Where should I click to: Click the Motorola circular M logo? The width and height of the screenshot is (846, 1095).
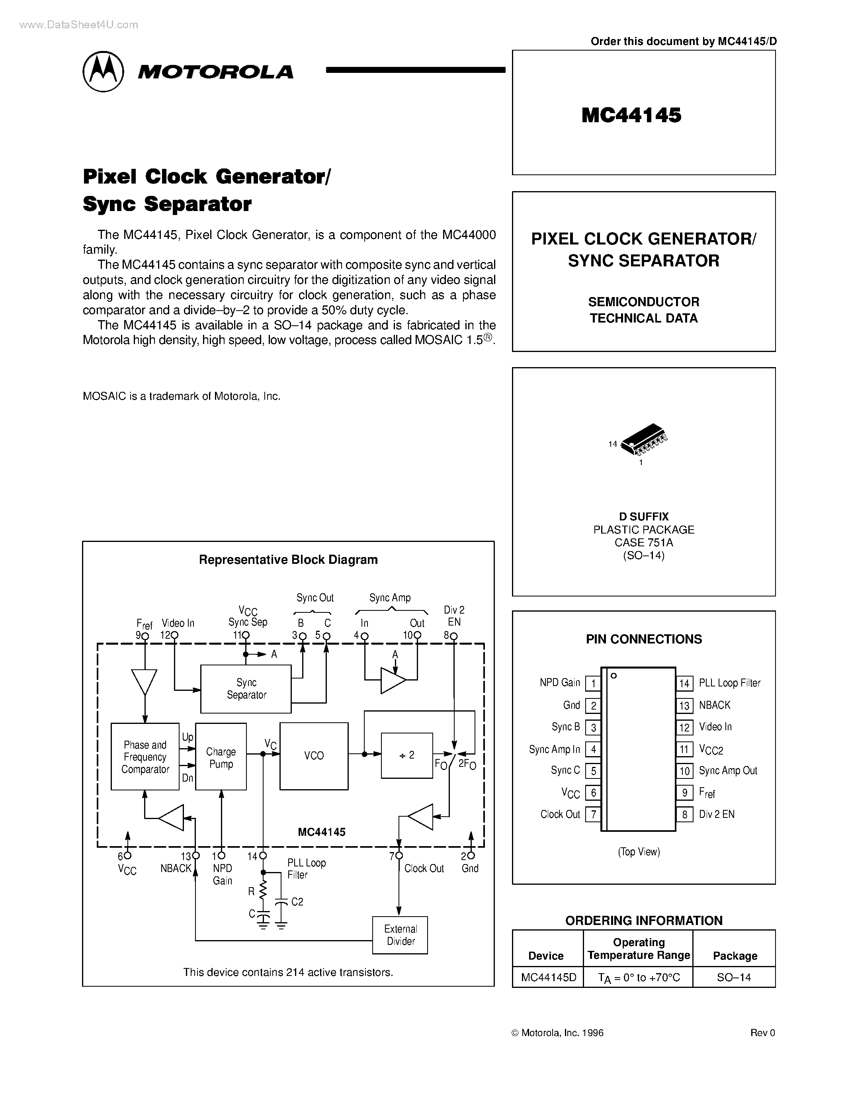(x=103, y=71)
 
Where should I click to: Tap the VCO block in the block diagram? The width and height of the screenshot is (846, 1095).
(x=314, y=756)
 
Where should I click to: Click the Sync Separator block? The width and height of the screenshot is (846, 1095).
(x=246, y=688)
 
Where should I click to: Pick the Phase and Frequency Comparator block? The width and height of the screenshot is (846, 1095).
(x=145, y=757)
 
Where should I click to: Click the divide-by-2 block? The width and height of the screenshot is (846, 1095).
(x=406, y=755)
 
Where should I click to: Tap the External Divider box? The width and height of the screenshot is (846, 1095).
(x=400, y=935)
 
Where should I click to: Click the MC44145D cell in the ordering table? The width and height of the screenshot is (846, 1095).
(x=548, y=977)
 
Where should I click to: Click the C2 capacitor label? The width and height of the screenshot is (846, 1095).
(x=297, y=901)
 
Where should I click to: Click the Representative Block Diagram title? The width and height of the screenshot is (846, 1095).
(x=288, y=559)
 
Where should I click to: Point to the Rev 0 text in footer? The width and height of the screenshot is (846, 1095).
(x=762, y=1033)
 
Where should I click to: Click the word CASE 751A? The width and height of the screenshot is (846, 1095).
(x=643, y=542)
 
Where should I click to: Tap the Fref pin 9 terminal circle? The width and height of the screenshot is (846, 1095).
(x=145, y=636)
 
